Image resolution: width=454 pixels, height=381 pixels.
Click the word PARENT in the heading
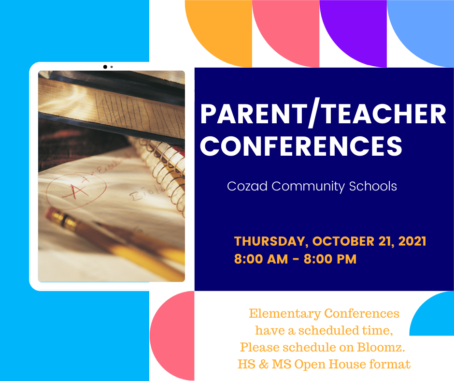tap(254, 114)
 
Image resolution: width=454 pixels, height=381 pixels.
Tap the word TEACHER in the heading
tap(384, 114)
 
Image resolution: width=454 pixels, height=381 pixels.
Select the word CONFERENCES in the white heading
tap(301, 146)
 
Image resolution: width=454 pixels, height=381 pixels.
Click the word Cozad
tap(247, 186)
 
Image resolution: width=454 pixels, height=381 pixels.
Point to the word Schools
tap(373, 186)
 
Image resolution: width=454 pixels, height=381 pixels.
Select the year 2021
tap(412, 241)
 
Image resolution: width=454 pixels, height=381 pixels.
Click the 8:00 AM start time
tap(261, 259)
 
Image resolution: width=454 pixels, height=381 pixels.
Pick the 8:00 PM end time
tap(330, 259)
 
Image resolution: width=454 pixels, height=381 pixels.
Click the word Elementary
tap(285, 314)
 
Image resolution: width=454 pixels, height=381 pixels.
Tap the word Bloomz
tap(381, 347)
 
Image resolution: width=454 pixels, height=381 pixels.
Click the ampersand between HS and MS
tap(264, 364)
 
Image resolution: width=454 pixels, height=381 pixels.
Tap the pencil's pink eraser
tap(51, 212)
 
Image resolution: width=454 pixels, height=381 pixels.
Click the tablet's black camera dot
tap(105, 67)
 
